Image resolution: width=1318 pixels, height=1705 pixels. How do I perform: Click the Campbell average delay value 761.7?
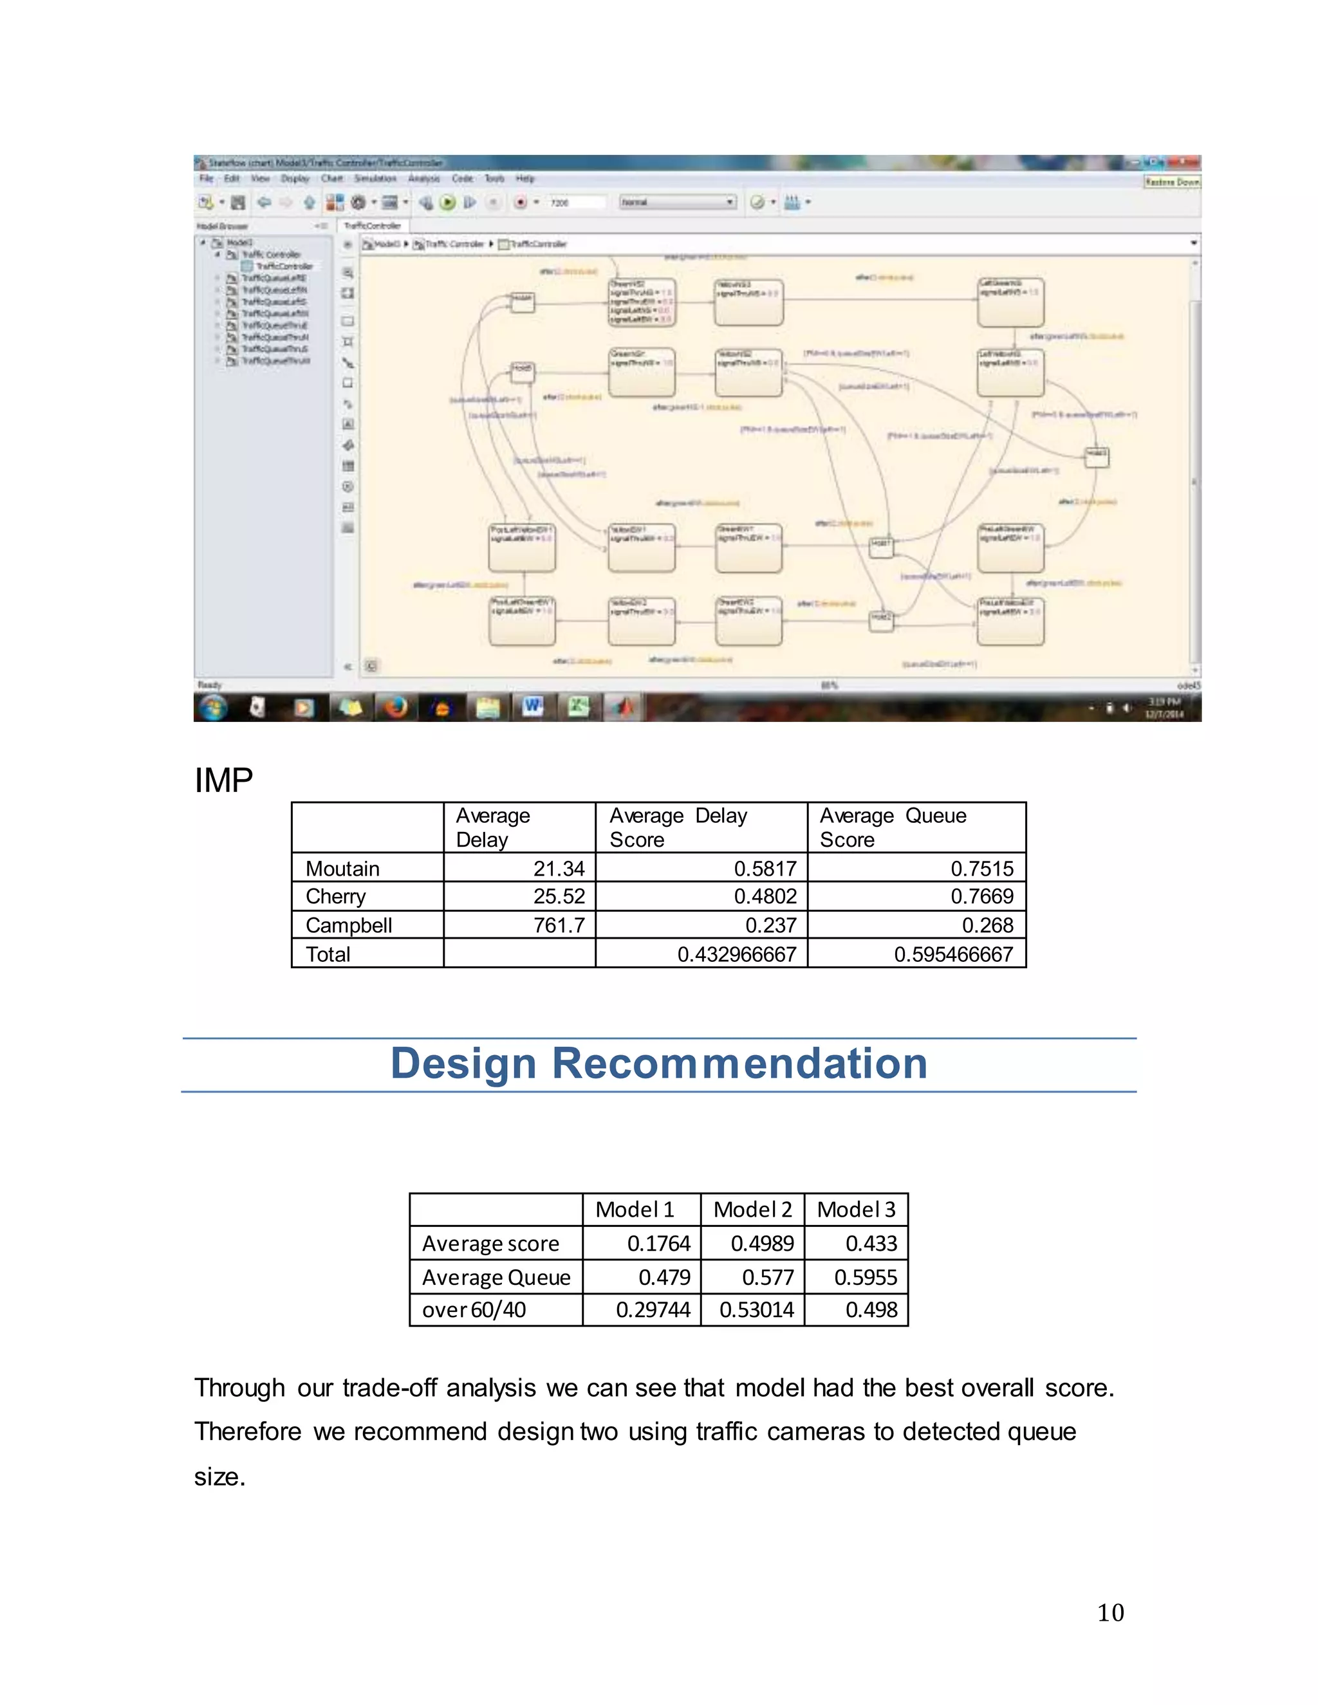(x=559, y=925)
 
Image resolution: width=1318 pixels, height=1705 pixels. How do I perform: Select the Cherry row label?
(x=336, y=896)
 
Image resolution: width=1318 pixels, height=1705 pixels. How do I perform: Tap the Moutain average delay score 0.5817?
(x=765, y=868)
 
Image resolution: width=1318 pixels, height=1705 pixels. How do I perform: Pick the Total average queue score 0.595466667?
(x=953, y=954)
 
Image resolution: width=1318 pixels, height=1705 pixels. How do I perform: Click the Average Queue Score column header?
(x=893, y=827)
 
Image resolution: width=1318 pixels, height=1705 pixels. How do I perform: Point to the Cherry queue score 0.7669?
(x=981, y=896)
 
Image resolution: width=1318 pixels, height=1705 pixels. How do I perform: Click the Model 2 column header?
(x=753, y=1210)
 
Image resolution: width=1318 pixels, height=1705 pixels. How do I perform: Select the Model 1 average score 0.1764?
(x=659, y=1243)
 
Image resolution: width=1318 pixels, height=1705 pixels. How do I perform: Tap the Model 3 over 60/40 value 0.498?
(x=871, y=1309)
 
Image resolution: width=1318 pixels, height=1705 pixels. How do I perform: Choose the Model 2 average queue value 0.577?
(x=768, y=1277)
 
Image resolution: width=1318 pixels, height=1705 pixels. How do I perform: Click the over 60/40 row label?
(x=474, y=1309)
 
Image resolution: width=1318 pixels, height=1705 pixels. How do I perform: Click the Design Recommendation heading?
(x=659, y=1064)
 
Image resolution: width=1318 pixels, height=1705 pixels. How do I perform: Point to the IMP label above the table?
(x=223, y=780)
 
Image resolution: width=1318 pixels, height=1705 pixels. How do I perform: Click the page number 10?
(x=1110, y=1612)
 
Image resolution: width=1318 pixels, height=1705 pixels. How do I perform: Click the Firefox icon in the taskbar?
(x=396, y=707)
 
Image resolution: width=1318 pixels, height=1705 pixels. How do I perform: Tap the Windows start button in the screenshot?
(x=212, y=707)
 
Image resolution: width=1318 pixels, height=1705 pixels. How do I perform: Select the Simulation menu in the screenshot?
(x=375, y=179)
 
